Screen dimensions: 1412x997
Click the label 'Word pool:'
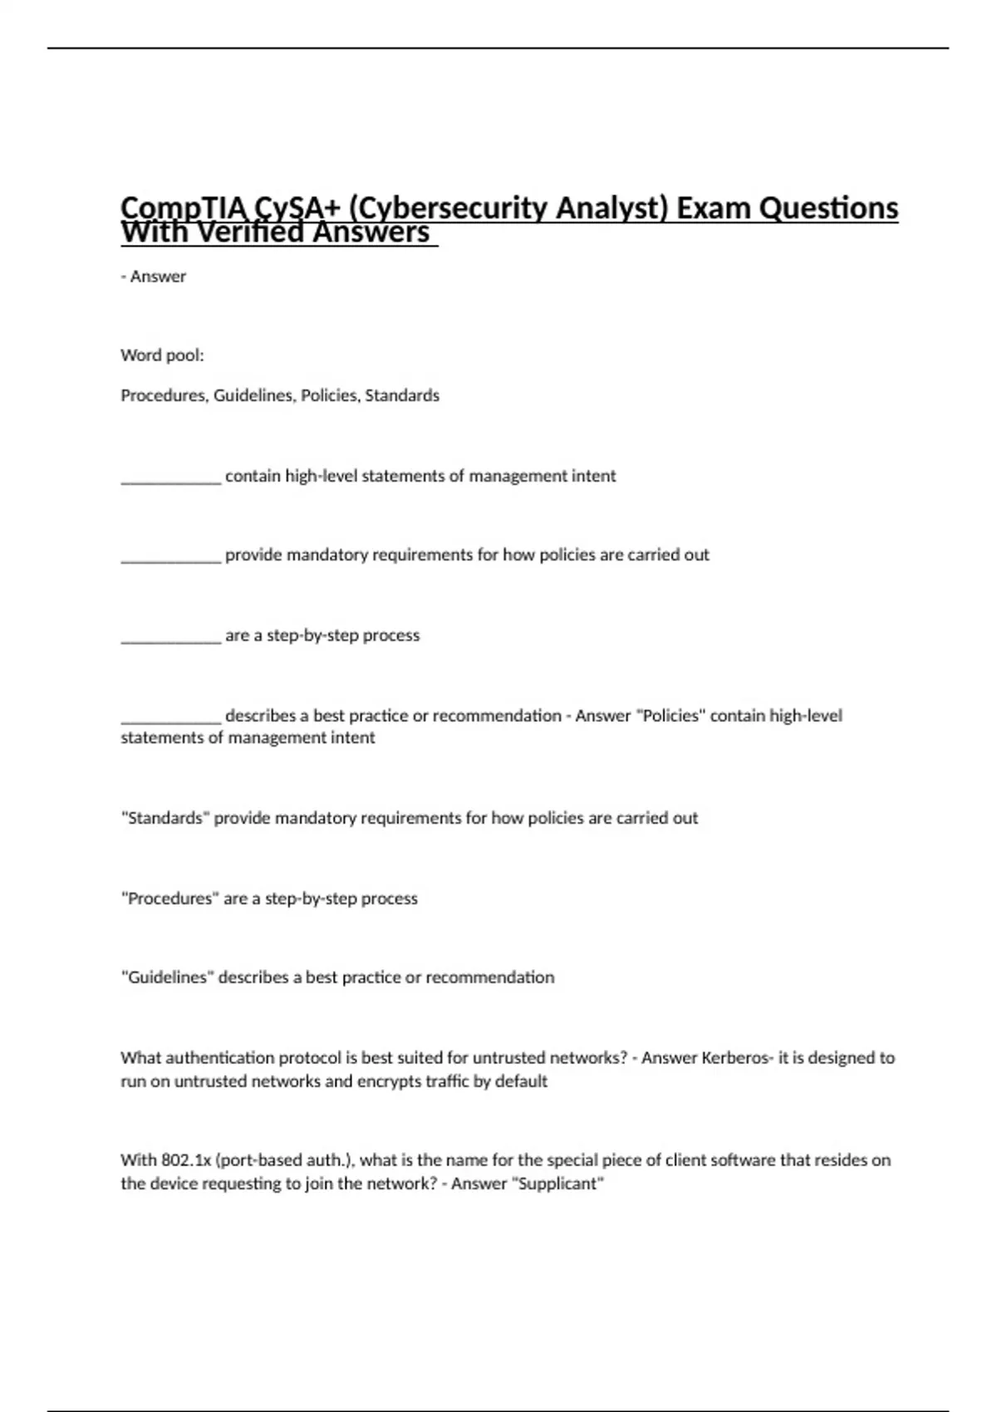pyautogui.click(x=162, y=355)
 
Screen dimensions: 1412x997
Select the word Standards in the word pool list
pyautogui.click(x=402, y=395)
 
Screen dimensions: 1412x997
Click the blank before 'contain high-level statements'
pyautogui.click(x=170, y=478)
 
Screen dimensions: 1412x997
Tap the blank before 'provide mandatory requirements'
pyautogui.click(x=170, y=557)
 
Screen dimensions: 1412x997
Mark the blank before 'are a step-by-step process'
pyautogui.click(x=170, y=638)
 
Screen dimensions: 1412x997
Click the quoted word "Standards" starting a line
pyautogui.click(x=165, y=818)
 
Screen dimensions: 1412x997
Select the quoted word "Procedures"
pyautogui.click(x=169, y=899)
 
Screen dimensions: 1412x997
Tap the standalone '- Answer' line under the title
pyautogui.click(x=154, y=277)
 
